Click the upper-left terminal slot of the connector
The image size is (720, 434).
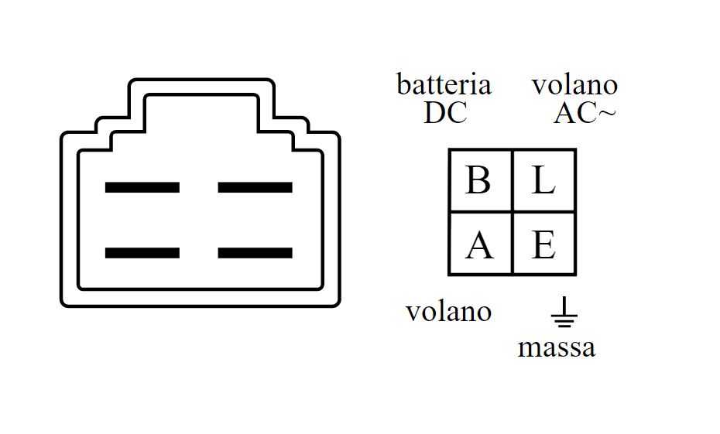[142, 187]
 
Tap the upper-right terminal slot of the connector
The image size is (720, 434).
[255, 187]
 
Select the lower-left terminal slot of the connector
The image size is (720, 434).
[142, 253]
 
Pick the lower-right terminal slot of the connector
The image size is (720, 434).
[255, 253]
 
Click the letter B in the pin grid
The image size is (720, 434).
[478, 181]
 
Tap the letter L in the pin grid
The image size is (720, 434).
[543, 181]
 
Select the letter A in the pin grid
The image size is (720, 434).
[479, 245]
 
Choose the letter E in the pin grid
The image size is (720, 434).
[543, 245]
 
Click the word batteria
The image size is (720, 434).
[444, 84]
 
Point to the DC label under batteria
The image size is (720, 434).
[445, 113]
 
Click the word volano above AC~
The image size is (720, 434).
[574, 85]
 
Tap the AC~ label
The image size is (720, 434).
[585, 114]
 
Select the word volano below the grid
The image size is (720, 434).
[448, 312]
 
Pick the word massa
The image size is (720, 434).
[557, 347]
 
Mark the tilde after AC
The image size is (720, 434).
[607, 114]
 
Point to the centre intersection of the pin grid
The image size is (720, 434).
[513, 212]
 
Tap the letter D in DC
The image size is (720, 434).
[434, 113]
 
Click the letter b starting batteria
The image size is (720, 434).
[403, 84]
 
